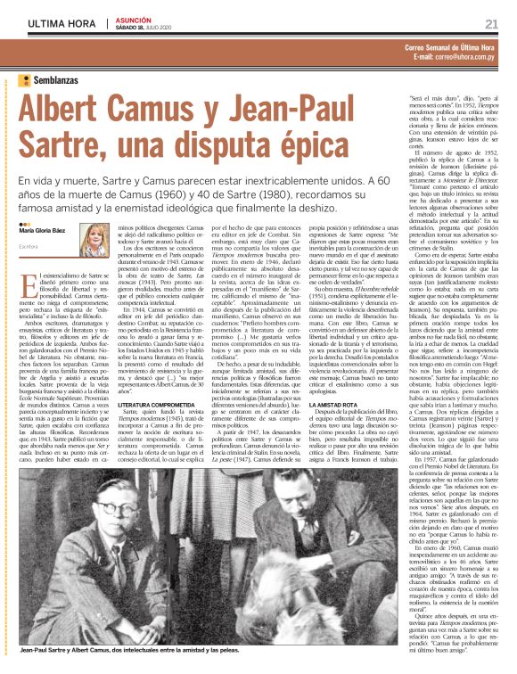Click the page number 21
point(491,23)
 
